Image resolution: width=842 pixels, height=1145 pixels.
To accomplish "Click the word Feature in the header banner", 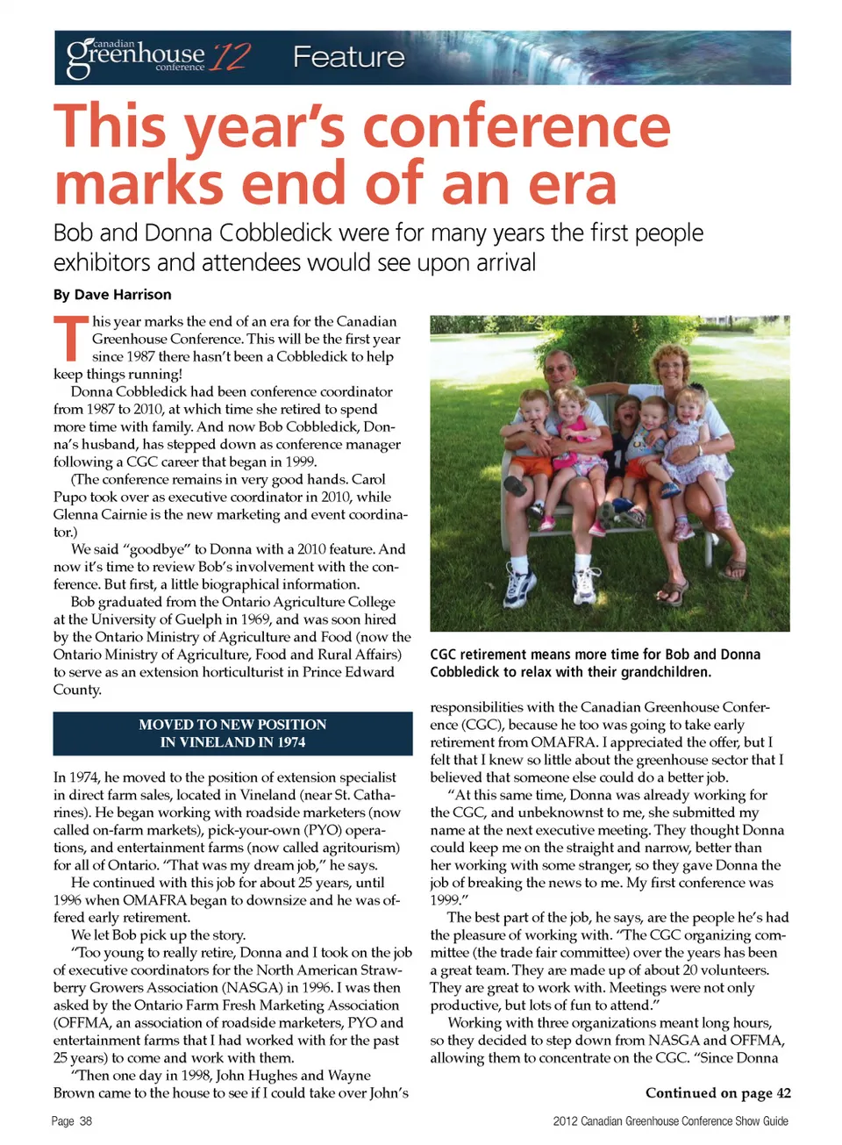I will click(x=348, y=57).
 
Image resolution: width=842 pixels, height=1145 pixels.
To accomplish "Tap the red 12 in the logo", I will click(x=230, y=57).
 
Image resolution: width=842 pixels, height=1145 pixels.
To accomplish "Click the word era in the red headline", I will click(x=572, y=183).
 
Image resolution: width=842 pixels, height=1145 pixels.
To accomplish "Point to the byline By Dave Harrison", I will click(x=112, y=295).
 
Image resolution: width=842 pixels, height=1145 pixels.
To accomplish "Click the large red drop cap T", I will click(x=70, y=339).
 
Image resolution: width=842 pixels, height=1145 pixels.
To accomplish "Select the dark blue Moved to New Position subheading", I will click(x=232, y=734).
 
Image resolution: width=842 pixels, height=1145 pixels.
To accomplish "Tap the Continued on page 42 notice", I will click(x=717, y=1092).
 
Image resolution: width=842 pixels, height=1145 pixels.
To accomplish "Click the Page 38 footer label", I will click(x=71, y=1121).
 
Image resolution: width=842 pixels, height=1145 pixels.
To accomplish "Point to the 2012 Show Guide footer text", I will click(x=670, y=1121).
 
